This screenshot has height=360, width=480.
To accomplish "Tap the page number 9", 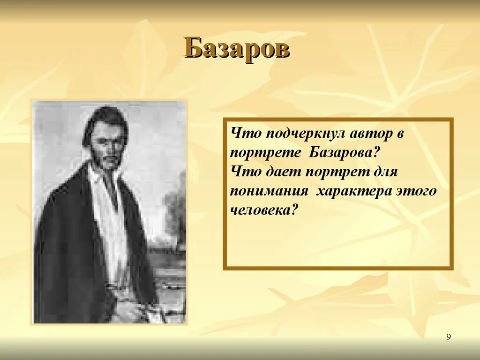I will click(449, 337).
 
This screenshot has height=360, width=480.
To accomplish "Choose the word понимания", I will click(269, 191).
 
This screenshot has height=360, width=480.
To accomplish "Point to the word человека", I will click(264, 210).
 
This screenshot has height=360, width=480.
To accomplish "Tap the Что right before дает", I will click(246, 172).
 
